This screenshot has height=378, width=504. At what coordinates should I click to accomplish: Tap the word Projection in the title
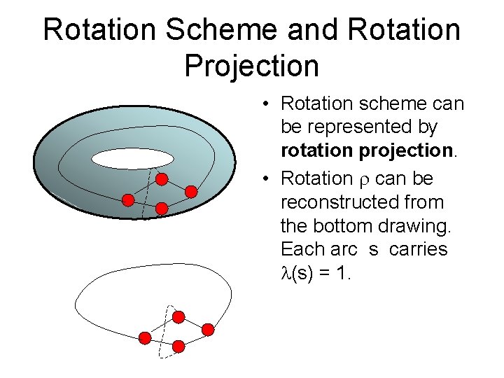(x=251, y=66)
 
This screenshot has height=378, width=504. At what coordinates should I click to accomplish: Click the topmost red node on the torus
(x=162, y=179)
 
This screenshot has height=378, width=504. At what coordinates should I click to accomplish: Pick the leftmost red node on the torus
(x=128, y=200)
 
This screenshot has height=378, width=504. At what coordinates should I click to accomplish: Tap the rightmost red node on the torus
(x=191, y=190)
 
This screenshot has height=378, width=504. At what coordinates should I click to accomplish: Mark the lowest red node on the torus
(x=162, y=208)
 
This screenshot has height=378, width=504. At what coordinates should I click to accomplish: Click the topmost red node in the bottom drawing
(x=178, y=317)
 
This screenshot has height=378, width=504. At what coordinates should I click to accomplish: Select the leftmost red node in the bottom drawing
(x=145, y=339)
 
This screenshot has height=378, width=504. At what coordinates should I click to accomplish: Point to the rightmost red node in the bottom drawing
(x=208, y=329)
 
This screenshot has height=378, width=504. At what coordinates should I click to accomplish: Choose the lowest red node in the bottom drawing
(x=178, y=346)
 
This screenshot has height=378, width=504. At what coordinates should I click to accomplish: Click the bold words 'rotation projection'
(x=367, y=151)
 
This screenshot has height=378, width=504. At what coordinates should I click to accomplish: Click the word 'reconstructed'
(x=362, y=202)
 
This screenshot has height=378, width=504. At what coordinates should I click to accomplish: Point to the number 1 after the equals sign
(x=341, y=274)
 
